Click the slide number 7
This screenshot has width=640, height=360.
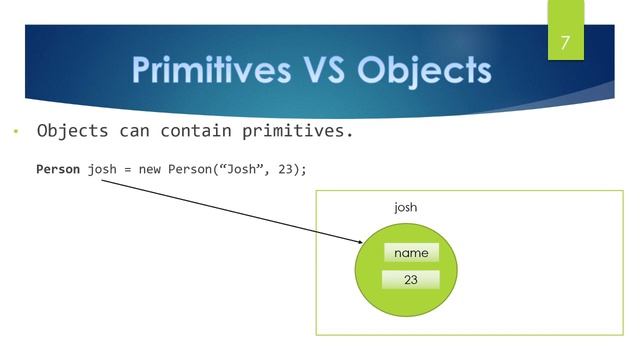click(x=565, y=43)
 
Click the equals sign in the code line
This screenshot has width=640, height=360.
click(x=132, y=169)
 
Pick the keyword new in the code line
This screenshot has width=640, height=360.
click(x=154, y=169)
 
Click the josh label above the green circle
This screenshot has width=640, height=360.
click(x=405, y=208)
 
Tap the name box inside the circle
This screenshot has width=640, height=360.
click(x=411, y=253)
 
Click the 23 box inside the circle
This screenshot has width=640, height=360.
click(x=411, y=280)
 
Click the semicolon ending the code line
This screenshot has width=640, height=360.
click(x=303, y=169)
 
